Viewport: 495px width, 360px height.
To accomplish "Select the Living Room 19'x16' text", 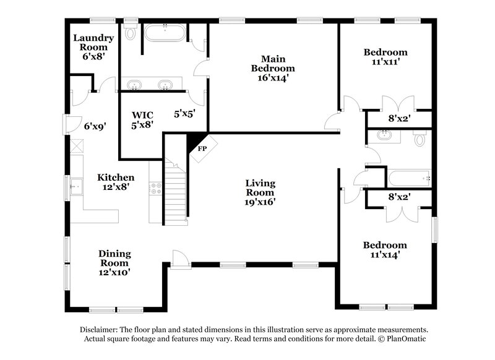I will click(260, 192).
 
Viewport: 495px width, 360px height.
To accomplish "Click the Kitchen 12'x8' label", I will click(116, 182).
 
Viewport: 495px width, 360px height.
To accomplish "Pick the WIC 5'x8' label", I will click(142, 119).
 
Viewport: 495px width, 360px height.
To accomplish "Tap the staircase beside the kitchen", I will click(176, 192).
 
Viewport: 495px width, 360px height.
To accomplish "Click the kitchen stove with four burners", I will click(156, 188).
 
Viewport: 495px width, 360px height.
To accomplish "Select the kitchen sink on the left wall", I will click(77, 185).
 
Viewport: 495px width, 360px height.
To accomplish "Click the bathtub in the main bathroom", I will click(164, 33).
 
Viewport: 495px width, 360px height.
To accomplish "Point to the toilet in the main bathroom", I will click(130, 33).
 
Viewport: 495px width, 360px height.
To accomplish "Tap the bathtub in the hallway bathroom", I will click(409, 179).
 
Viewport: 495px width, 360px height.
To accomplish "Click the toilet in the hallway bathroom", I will click(420, 139).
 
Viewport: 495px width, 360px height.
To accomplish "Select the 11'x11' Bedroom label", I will click(385, 57).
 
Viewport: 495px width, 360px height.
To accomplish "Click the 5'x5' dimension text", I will click(184, 114).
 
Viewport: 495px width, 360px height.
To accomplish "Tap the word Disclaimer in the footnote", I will click(99, 330).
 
